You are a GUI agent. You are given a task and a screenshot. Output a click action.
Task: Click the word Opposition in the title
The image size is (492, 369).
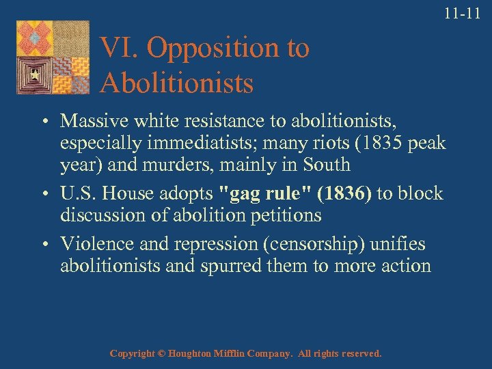point(213,49)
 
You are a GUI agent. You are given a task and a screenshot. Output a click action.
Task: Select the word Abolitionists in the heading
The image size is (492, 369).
point(176,83)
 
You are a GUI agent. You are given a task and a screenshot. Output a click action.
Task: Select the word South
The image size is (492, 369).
point(325,165)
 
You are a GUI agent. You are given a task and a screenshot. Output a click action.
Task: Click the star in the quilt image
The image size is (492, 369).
point(33,73)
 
